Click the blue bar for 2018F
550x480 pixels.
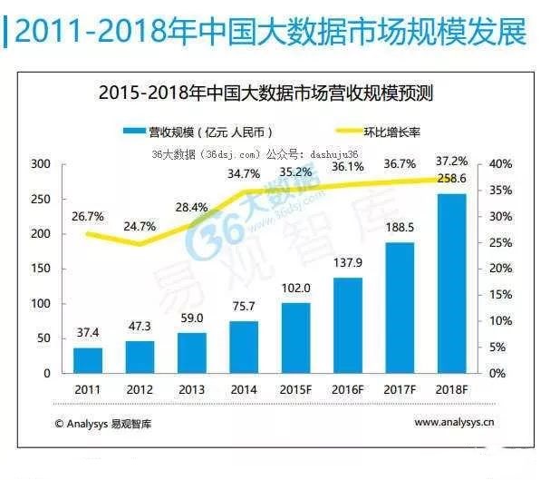tap(450, 283)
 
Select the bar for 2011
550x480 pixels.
tap(88, 360)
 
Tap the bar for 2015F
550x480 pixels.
tap(295, 338)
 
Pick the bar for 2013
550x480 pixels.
tap(191, 353)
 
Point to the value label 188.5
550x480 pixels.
tap(399, 228)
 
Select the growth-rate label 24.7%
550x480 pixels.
tap(140, 224)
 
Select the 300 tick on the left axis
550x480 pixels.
tap(40, 164)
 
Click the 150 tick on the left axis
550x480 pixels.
tap(40, 269)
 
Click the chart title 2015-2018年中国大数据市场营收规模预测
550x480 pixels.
tap(268, 93)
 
